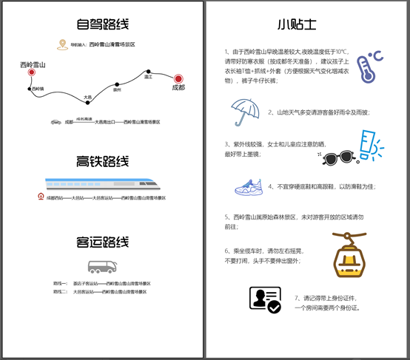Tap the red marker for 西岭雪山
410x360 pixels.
(32, 72)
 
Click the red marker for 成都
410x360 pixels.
(178, 78)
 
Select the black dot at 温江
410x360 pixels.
(148, 71)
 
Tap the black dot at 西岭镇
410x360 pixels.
(30, 89)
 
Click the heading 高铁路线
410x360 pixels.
(102, 160)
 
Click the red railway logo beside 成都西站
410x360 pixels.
(41, 198)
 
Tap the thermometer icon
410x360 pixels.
(367, 66)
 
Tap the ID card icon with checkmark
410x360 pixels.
(264, 300)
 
